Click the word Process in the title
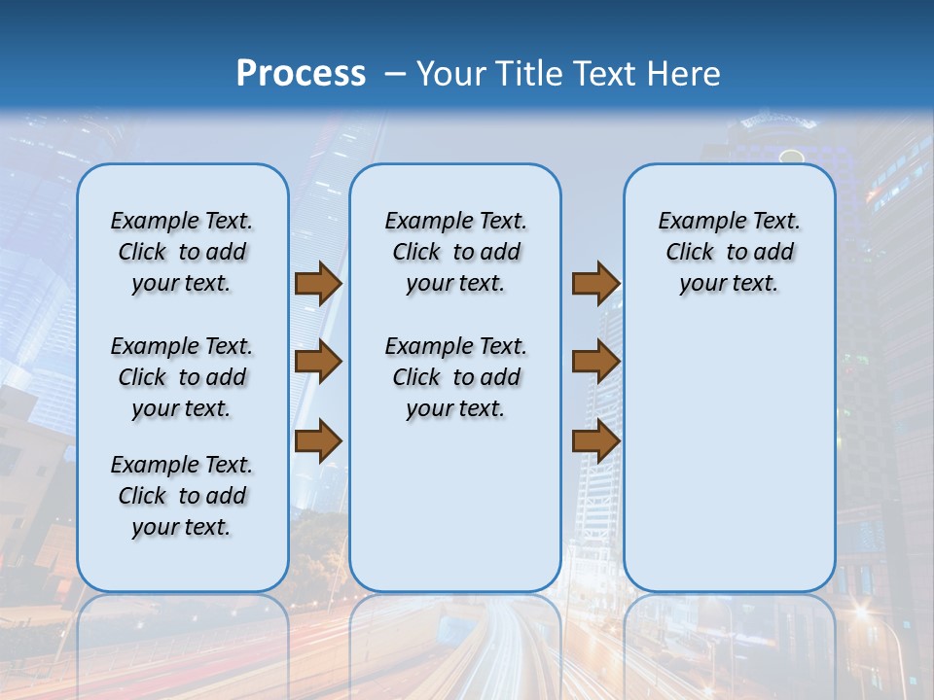pos(301,73)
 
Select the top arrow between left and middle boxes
pos(318,284)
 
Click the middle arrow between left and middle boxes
pos(318,362)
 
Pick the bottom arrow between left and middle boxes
pos(318,441)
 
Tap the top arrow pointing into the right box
pos(595,284)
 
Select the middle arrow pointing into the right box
pos(595,362)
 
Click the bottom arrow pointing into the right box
pos(595,441)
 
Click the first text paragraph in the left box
pos(182,252)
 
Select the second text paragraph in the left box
pos(182,377)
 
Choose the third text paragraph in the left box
pos(182,496)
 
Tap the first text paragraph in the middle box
pos(455,252)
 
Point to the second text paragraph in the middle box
pos(455,377)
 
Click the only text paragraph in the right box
pos(729,252)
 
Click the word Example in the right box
pos(694,222)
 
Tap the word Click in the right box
pos(690,253)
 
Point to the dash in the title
pos(395,74)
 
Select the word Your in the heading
pos(451,74)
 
